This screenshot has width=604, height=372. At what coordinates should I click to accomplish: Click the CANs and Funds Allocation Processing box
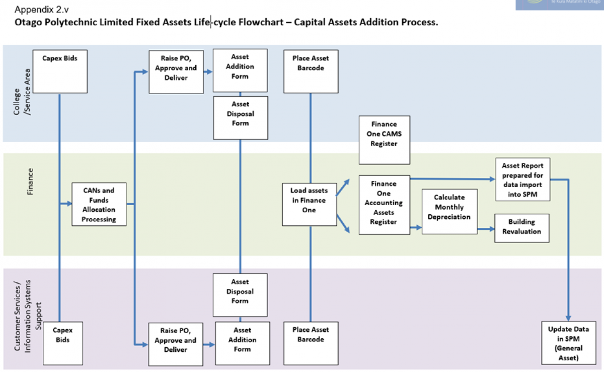(x=99, y=204)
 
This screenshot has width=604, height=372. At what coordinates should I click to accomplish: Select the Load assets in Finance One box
(x=309, y=200)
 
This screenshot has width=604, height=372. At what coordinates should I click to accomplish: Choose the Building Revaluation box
(x=521, y=227)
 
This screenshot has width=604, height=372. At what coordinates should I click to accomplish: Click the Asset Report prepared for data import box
(x=522, y=179)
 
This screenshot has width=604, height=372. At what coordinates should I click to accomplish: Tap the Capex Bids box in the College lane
(x=59, y=71)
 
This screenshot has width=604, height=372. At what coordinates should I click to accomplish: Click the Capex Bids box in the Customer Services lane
(x=63, y=343)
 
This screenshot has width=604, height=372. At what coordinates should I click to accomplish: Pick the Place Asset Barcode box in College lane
(x=311, y=71)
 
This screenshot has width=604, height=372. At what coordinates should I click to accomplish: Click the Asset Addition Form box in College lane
(x=240, y=71)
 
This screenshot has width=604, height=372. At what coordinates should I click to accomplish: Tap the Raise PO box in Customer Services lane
(x=175, y=344)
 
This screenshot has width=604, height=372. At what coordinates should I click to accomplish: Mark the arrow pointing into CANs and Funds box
(x=66, y=204)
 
